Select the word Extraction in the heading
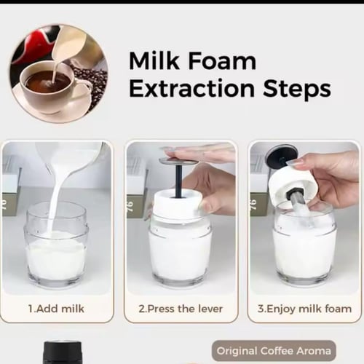tap(191, 89)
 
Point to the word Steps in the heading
tap(297, 90)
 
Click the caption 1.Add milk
tap(56, 309)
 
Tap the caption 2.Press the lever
tap(181, 309)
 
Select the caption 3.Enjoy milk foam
tap(304, 309)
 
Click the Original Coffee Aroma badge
tap(274, 351)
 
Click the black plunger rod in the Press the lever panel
tap(179, 181)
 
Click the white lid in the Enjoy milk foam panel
tap(289, 184)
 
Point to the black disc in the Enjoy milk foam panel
tap(281, 155)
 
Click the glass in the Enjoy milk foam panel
tap(304, 245)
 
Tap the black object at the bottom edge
tap(63, 352)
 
